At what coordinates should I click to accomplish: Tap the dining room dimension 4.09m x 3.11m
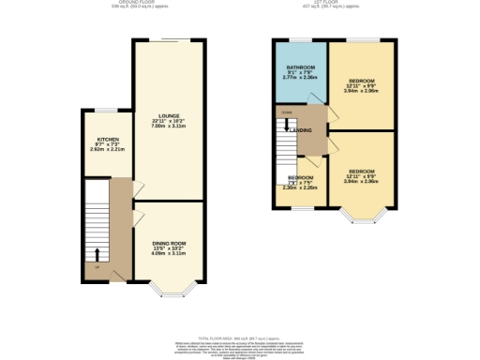(x=170, y=254)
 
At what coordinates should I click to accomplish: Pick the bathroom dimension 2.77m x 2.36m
(x=299, y=82)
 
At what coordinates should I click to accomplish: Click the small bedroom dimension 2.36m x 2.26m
(x=300, y=187)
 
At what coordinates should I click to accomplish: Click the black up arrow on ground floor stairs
(x=97, y=253)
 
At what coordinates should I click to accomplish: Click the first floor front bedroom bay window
(x=358, y=217)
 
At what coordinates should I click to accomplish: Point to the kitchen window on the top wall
(x=97, y=111)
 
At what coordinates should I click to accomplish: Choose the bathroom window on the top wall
(x=298, y=39)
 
